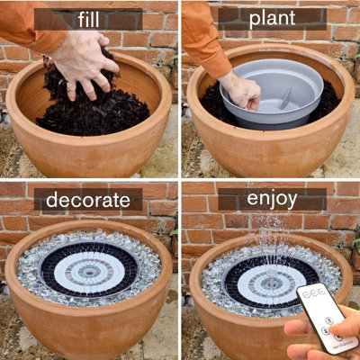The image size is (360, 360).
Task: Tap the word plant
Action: coord(271,17)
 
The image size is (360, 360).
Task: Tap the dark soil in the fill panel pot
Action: coord(108,112)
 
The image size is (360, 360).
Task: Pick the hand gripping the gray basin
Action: coord(239,90)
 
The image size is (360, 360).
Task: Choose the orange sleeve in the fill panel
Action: coord(22,27)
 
